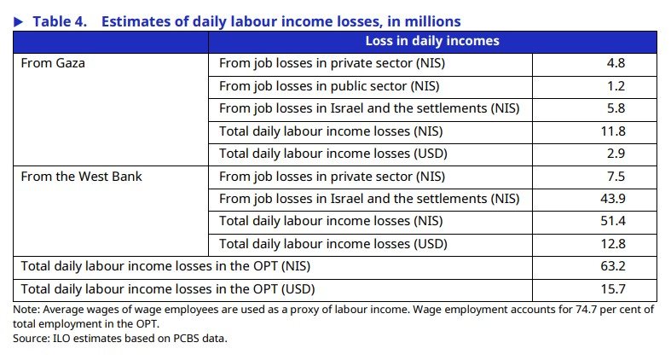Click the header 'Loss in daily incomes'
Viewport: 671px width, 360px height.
tap(432, 41)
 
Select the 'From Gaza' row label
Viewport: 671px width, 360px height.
tap(53, 63)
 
